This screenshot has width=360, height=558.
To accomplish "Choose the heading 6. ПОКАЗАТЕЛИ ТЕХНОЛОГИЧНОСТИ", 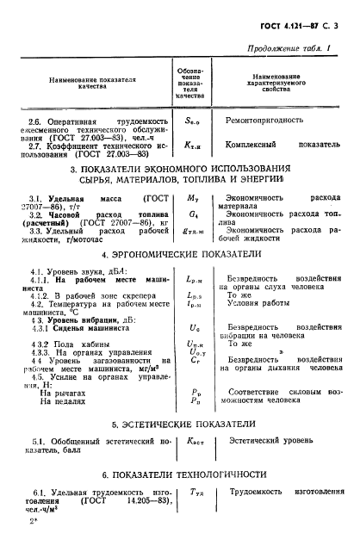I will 183,474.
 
